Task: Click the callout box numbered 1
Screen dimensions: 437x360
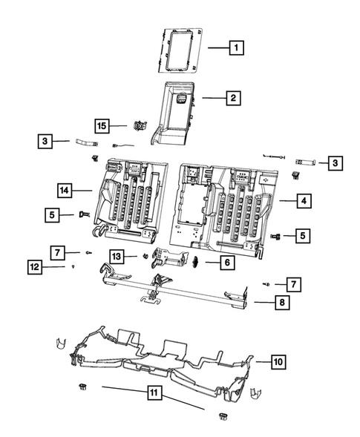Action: tap(236, 49)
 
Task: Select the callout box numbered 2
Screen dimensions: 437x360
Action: tap(232, 97)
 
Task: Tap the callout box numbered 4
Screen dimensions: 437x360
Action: tap(304, 200)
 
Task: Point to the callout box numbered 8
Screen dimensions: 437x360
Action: tap(280, 302)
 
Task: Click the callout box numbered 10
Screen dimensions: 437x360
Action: tap(278, 362)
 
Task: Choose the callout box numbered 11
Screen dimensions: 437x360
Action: tap(154, 393)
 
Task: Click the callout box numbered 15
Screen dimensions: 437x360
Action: tap(102, 126)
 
